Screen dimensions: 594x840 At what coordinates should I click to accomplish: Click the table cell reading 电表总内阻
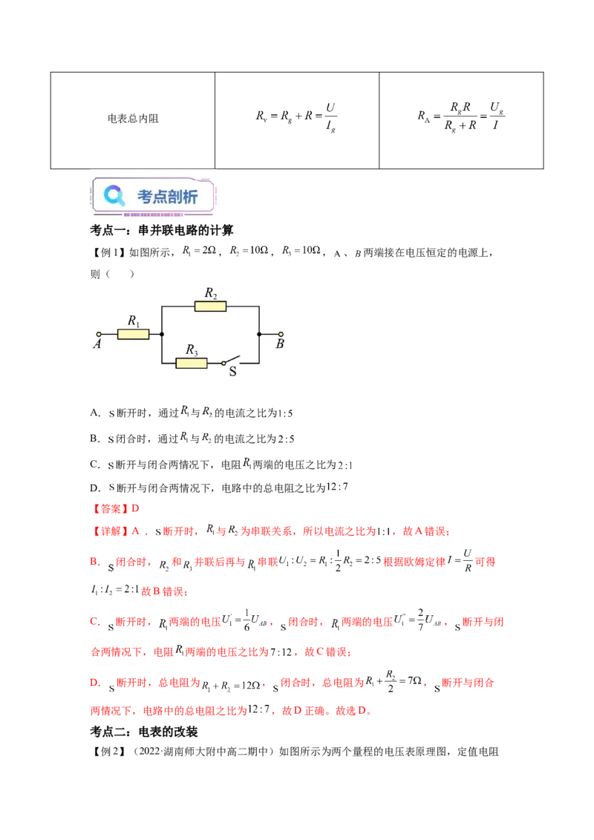coord(133,119)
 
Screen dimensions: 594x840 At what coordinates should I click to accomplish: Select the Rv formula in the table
coord(296,117)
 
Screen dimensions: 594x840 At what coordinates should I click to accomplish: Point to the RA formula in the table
coord(461,116)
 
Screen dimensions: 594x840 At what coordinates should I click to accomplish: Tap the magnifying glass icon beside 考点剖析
coord(114,196)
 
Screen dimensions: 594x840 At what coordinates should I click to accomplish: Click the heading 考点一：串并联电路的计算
coord(161,230)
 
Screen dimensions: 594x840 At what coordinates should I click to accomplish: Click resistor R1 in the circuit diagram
coord(133,334)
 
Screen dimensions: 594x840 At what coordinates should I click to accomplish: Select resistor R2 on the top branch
coord(210,306)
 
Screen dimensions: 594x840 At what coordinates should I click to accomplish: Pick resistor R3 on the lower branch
coord(192,363)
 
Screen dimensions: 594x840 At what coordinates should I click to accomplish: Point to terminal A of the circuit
coord(99,334)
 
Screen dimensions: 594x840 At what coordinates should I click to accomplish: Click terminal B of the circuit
coord(281,334)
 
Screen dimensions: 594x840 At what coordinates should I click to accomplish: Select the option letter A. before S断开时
coord(96,413)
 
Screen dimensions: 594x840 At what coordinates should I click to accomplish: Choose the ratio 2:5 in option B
coord(287,439)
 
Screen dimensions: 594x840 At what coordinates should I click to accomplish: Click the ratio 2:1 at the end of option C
coord(345,465)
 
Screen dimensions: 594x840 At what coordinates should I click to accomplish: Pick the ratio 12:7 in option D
coord(337,487)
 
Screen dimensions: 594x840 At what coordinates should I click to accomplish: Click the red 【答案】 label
coord(109,508)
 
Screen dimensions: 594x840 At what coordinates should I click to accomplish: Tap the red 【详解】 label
coord(109,531)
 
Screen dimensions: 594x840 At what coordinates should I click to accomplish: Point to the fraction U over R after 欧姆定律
coord(468,560)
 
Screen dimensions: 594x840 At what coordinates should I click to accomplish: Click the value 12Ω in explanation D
coord(251,685)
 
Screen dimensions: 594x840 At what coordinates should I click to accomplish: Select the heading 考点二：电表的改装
coord(144,732)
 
